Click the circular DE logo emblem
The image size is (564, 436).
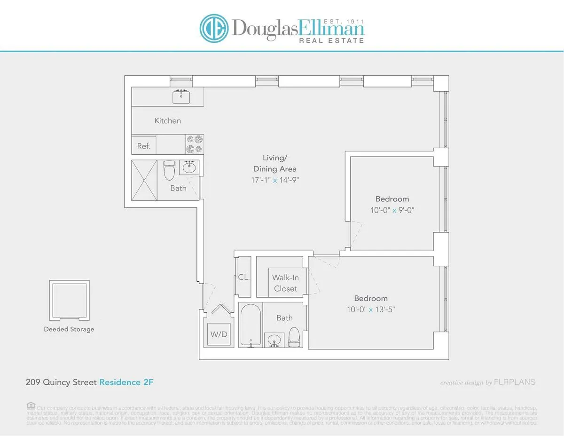pos(214,28)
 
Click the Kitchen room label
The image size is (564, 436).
pos(168,121)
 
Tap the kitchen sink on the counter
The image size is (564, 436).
pos(181,97)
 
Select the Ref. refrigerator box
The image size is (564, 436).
pos(144,146)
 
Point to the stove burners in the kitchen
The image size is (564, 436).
pos(195,144)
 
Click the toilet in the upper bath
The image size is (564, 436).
pos(169,171)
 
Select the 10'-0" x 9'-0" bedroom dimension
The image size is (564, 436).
pos(392,210)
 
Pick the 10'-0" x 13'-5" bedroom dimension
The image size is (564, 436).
pos(371,309)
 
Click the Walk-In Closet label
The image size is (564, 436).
pos(285,283)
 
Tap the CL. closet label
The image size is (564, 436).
pos(244,277)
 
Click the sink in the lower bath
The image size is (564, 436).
pos(274,340)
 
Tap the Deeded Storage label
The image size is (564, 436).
pos(69,329)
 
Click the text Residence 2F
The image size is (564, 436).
pos(126,382)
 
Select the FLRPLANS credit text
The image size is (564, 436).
pos(515,382)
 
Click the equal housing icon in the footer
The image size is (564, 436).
pos(31,405)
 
